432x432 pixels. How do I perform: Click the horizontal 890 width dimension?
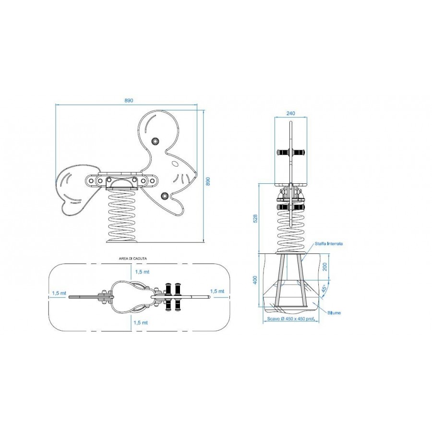click(x=129, y=101)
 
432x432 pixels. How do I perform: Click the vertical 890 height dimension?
click(x=208, y=181)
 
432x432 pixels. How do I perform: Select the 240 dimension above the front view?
click(x=291, y=113)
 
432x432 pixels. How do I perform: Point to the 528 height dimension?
click(x=255, y=218)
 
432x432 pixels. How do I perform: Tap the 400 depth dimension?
click(x=255, y=280)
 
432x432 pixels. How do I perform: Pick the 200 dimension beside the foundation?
click(x=325, y=266)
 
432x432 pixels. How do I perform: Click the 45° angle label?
click(x=324, y=288)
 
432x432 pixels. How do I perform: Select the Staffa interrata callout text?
click(x=329, y=244)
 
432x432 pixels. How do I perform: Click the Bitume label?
click(x=334, y=312)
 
